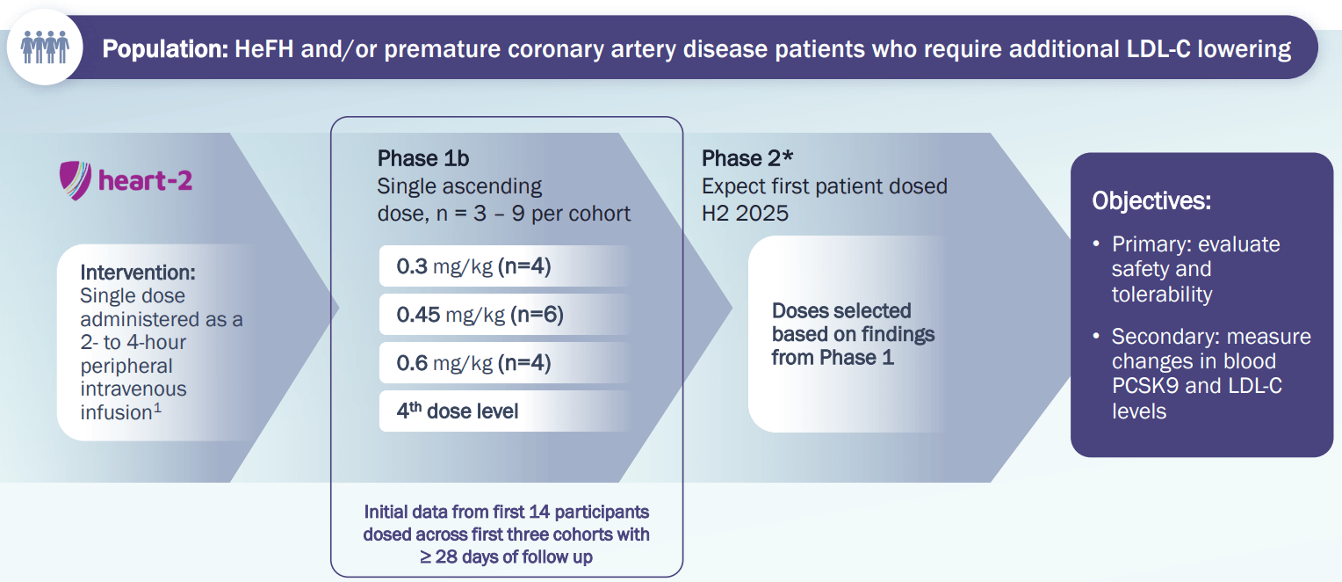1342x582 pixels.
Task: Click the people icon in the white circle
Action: tap(45, 47)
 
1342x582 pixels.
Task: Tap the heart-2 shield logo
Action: tap(76, 180)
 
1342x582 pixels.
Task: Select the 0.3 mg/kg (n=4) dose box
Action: tap(504, 266)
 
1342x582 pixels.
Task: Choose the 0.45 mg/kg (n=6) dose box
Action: tap(504, 315)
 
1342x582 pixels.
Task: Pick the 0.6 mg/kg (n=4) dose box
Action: tap(504, 363)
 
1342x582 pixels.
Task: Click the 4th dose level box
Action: tap(504, 411)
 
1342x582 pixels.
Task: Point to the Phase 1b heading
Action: tap(423, 158)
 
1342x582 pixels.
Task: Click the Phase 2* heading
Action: tap(747, 158)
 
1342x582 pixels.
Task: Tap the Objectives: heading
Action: tap(1151, 201)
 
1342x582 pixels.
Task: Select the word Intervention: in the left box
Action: tap(138, 273)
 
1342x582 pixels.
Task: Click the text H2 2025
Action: tap(746, 213)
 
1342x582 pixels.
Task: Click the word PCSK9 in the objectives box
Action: tap(1145, 386)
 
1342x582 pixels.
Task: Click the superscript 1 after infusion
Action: tap(157, 408)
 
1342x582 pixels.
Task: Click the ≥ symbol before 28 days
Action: tap(425, 557)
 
